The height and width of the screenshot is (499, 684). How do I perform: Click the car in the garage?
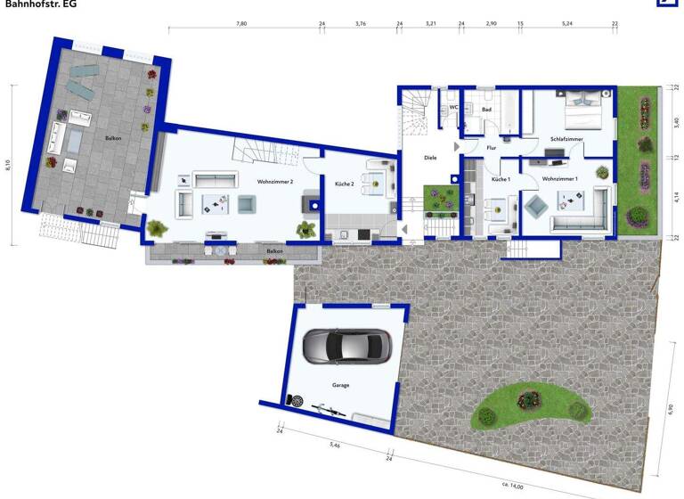(346, 347)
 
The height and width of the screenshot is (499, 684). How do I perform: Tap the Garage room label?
(341, 386)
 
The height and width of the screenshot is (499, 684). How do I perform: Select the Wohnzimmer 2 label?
(275, 182)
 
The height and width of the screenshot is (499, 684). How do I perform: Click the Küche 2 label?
(345, 184)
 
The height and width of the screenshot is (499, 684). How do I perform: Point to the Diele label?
(430, 158)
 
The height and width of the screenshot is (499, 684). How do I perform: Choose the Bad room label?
(486, 110)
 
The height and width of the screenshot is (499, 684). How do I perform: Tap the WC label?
(453, 107)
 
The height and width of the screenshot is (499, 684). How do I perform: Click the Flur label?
(491, 148)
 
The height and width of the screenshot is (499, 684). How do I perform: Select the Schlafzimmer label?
(566, 140)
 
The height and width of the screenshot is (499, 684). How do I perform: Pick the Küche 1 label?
(501, 179)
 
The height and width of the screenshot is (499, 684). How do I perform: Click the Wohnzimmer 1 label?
(560, 179)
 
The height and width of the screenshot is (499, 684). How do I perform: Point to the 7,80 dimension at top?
(241, 24)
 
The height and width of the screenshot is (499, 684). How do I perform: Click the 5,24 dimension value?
(567, 24)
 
